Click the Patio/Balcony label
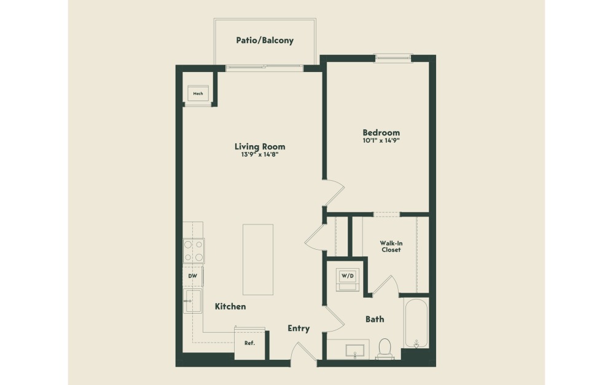(x=265, y=41)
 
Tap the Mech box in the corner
(x=198, y=94)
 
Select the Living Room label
(x=260, y=146)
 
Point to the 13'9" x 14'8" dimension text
(x=260, y=156)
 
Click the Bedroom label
(x=381, y=132)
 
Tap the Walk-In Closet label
(x=391, y=246)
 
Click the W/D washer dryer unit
(x=348, y=279)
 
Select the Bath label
(x=375, y=319)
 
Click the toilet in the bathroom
(x=385, y=347)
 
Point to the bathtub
(x=416, y=323)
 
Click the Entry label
(x=299, y=328)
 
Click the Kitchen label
(x=230, y=306)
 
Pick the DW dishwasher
(x=192, y=276)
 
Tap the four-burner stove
(x=193, y=251)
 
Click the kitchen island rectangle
(x=258, y=260)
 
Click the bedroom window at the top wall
(x=393, y=58)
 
